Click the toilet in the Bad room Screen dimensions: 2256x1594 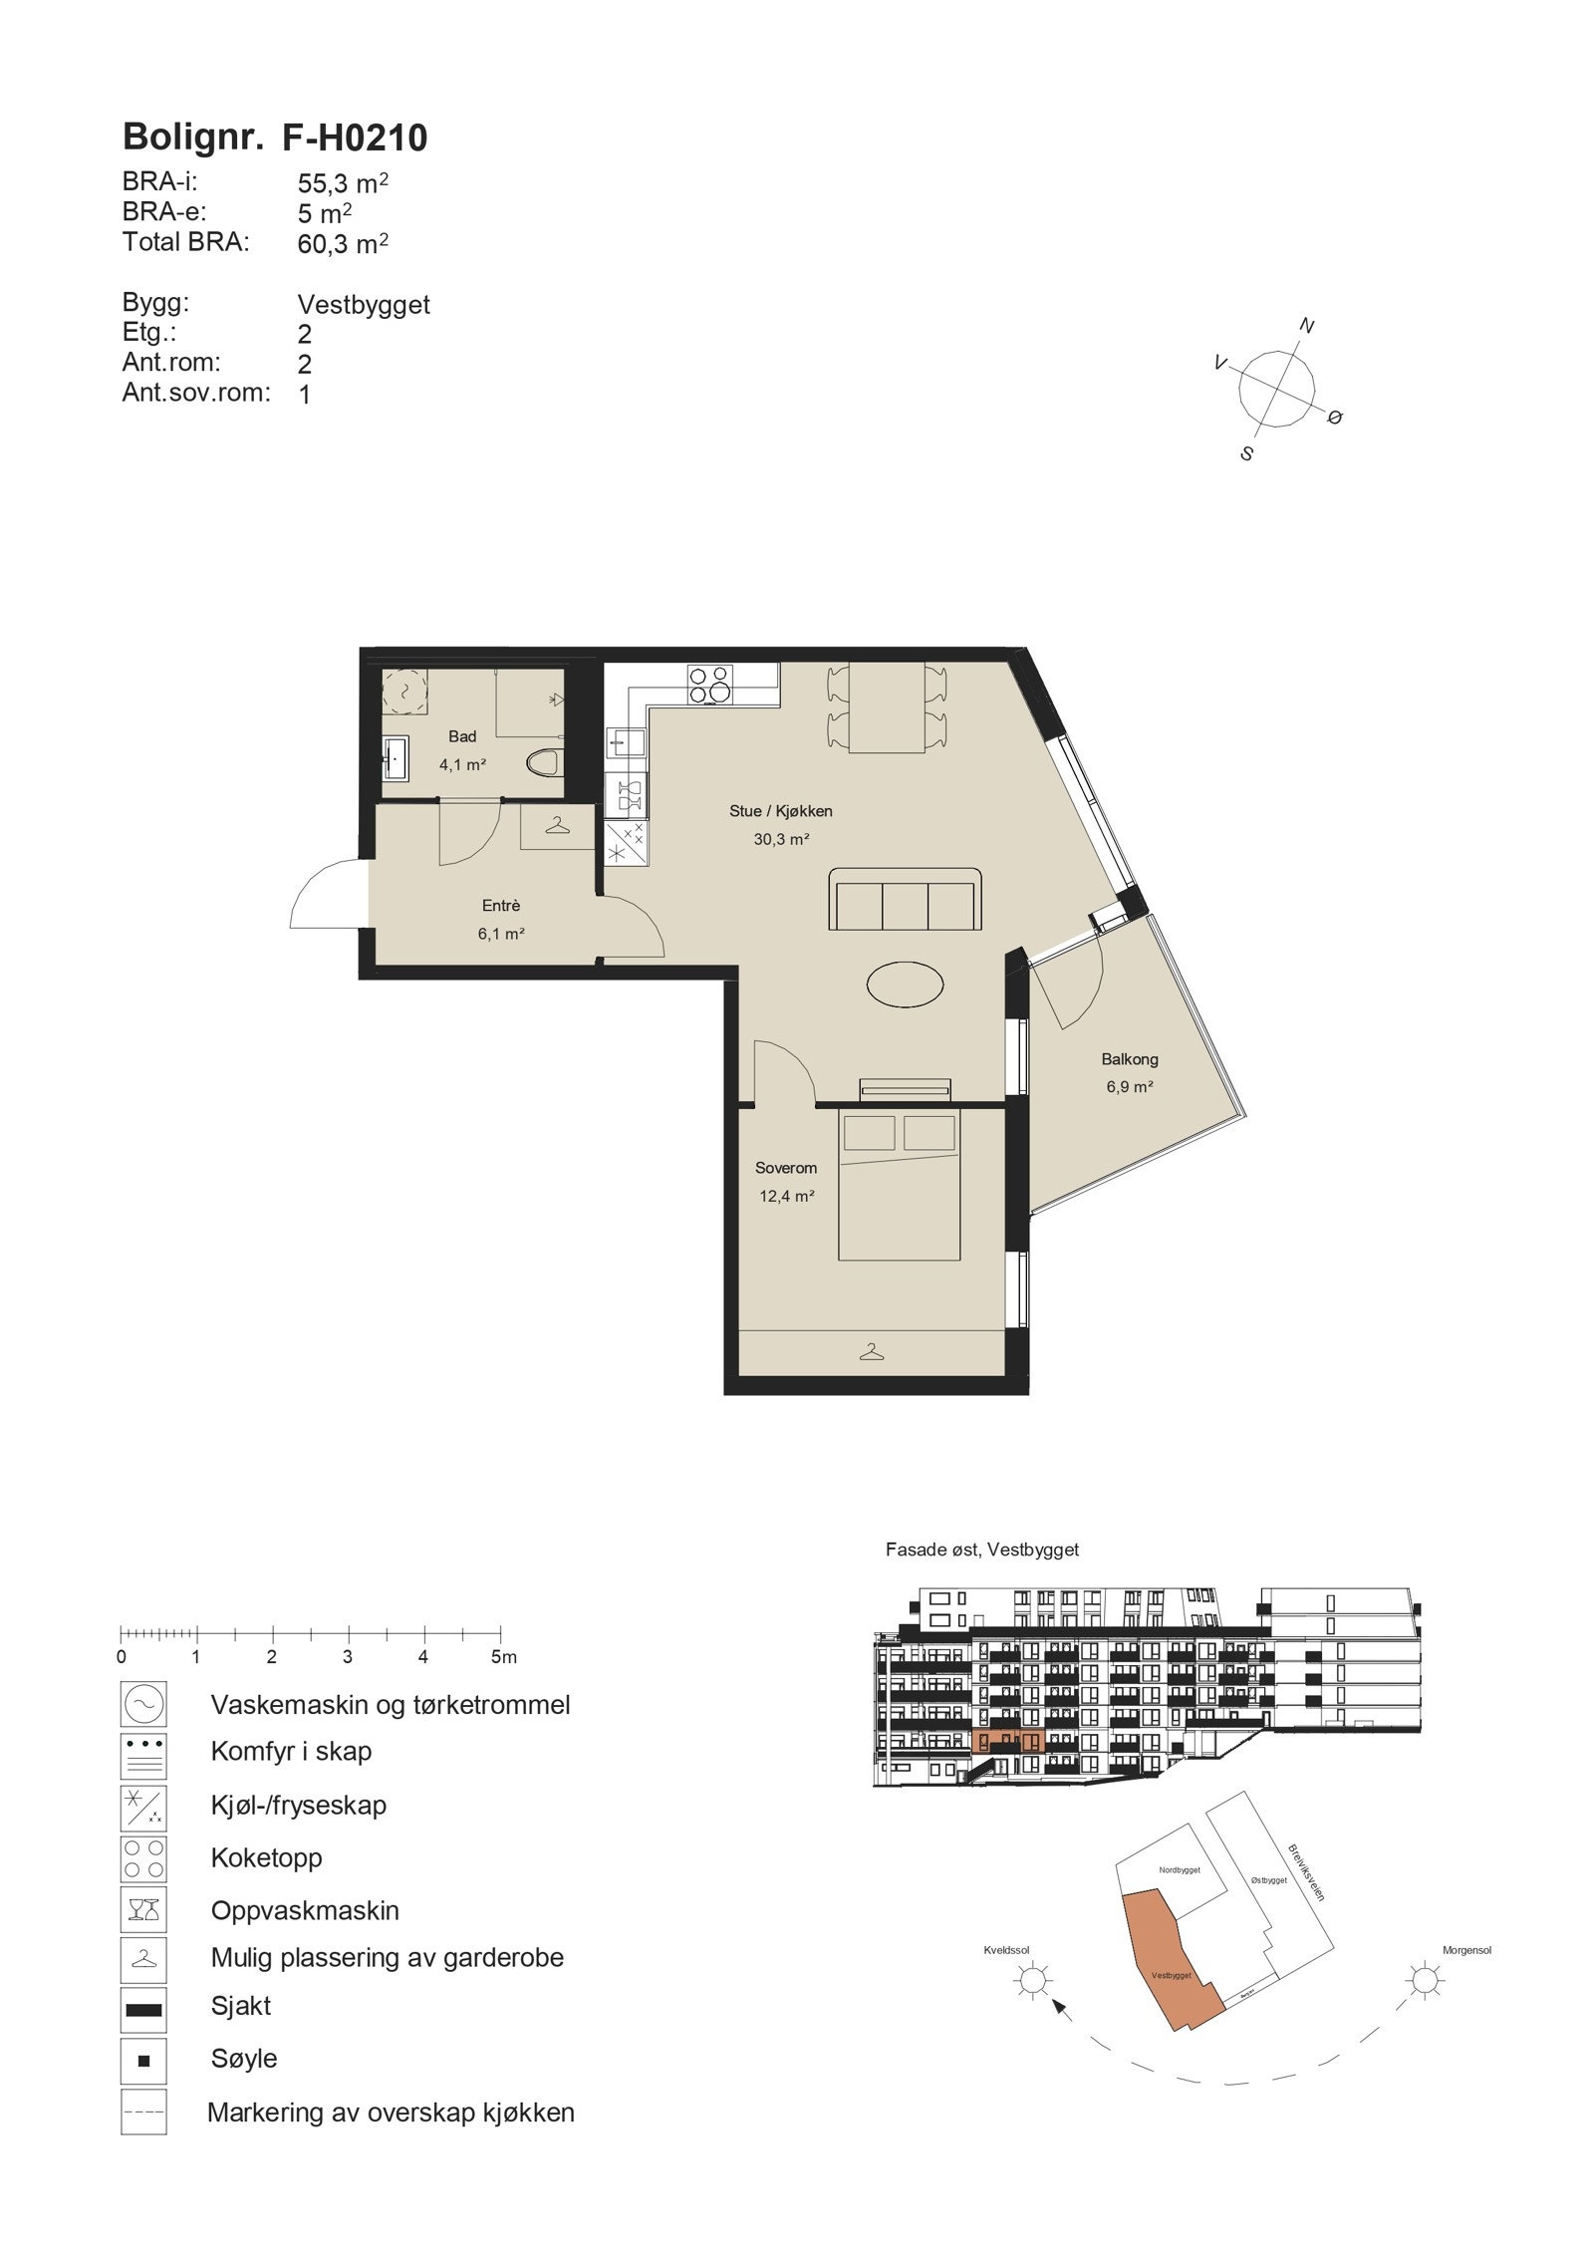[543, 764]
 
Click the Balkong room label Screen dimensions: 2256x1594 [1129, 1059]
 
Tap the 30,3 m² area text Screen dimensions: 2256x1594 [780, 839]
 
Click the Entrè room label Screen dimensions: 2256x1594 [501, 906]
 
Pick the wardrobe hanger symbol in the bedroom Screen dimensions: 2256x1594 [873, 1352]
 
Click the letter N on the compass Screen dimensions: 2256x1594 [1308, 326]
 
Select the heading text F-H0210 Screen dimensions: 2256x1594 [355, 138]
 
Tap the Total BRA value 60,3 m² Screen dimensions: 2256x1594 [342, 243]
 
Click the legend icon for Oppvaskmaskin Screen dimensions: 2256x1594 [143, 1910]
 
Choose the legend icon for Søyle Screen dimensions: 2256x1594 [143, 2059]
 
